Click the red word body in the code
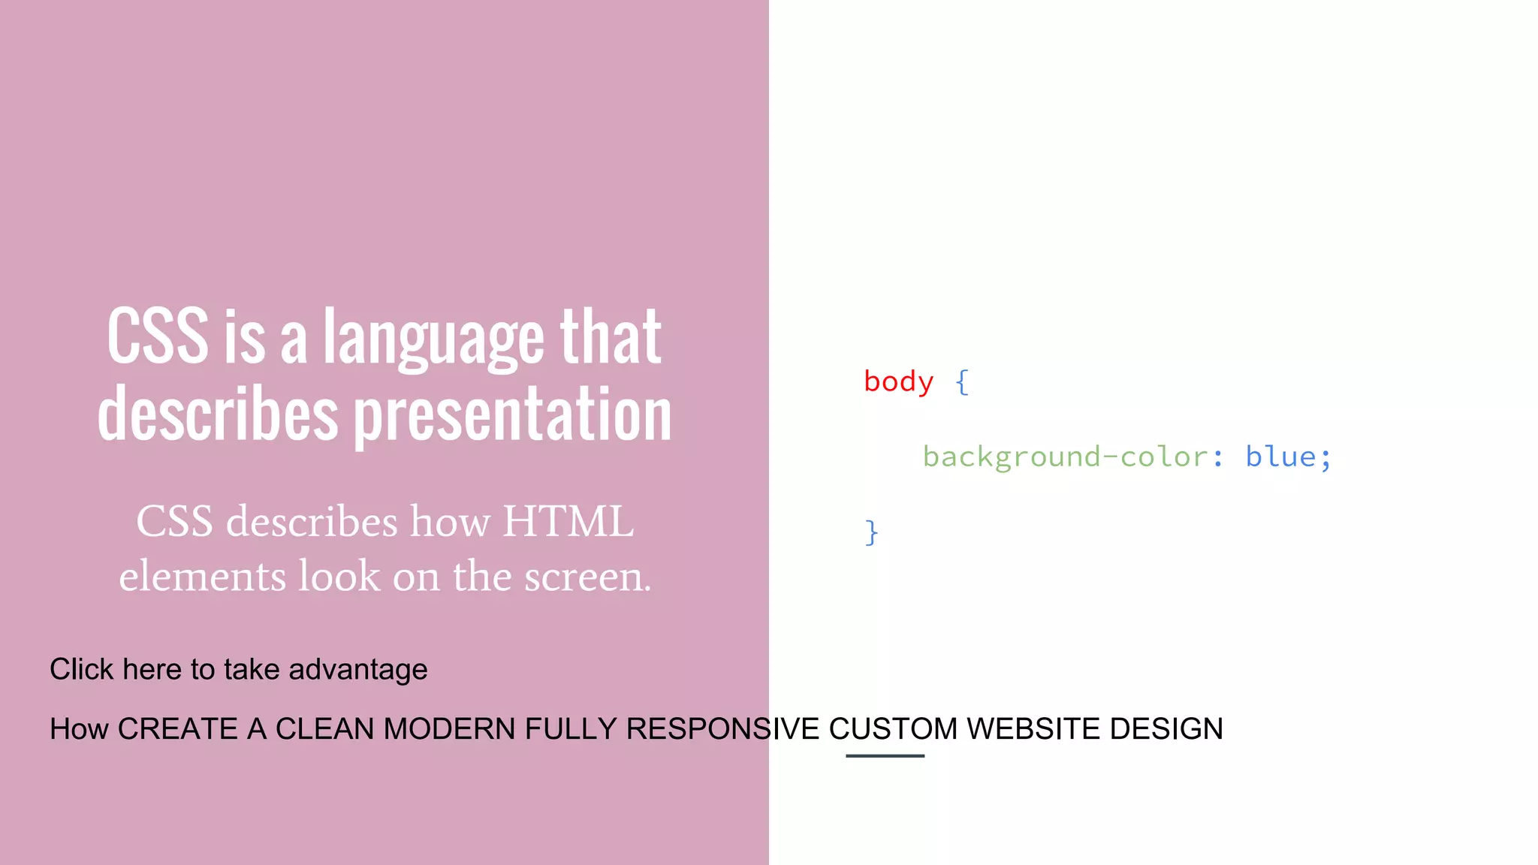(898, 381)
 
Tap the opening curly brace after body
(962, 382)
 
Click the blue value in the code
(1280, 457)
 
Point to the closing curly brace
(871, 532)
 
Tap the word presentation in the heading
(513, 414)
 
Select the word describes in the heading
(218, 414)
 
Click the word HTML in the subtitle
(568, 521)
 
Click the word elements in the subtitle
(203, 577)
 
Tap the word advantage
(358, 669)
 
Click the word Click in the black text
(81, 669)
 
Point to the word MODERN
(449, 729)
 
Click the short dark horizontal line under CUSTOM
(885, 756)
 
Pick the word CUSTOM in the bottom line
(893, 729)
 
